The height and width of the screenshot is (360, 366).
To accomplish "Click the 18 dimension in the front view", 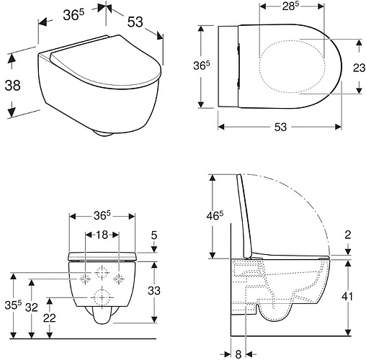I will pyautogui.click(x=101, y=235).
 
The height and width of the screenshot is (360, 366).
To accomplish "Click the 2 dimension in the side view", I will pyautogui.click(x=347, y=233).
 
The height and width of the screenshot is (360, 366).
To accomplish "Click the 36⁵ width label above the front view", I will pyautogui.click(x=101, y=215).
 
